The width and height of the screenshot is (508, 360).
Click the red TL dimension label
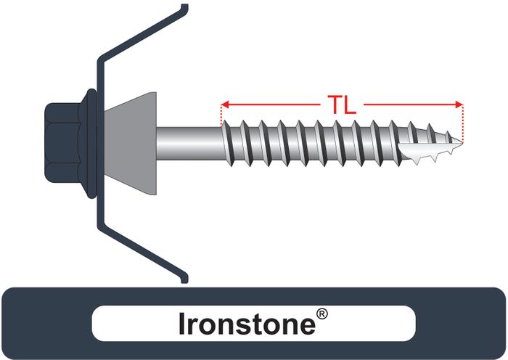tap(340, 105)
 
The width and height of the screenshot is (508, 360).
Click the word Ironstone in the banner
tap(247, 324)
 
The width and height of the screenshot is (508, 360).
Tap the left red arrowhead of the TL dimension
tap(224, 105)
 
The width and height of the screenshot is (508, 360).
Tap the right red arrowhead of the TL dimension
tap(458, 105)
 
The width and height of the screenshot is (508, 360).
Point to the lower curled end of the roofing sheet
tap(182, 277)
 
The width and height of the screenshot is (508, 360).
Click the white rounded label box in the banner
tap(253, 324)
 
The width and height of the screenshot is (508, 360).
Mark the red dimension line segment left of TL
tap(272, 105)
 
